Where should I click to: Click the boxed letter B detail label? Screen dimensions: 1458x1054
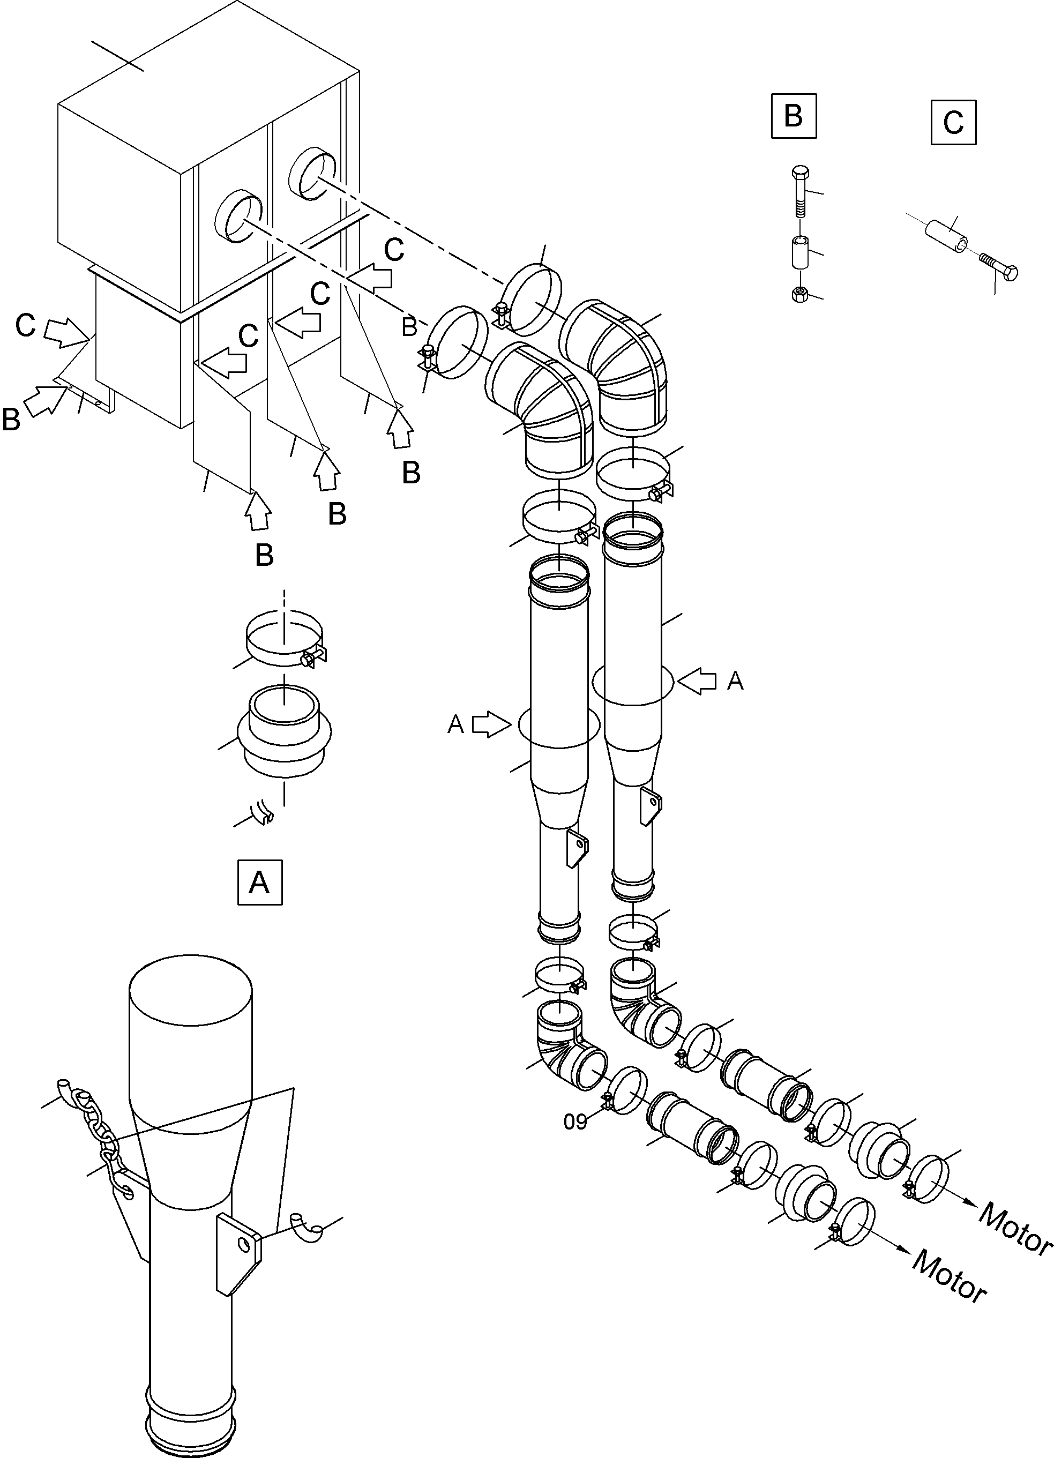794,116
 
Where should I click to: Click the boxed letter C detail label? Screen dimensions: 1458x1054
953,122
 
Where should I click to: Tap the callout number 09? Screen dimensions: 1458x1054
575,1122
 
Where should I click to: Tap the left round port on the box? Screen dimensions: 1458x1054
238,215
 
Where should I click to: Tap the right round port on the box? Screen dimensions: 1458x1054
312,173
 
